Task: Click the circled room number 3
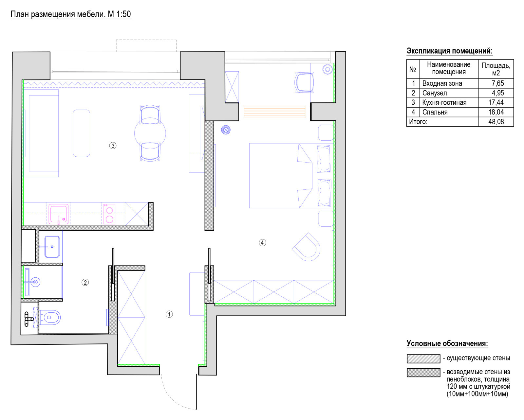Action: click(x=112, y=146)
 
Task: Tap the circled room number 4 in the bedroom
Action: click(x=262, y=242)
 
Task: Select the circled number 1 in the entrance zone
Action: click(x=169, y=314)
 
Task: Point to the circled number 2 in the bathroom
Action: click(x=85, y=282)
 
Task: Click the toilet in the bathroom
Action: click(x=49, y=317)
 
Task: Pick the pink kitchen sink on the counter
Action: click(x=58, y=214)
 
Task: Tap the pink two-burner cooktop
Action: click(x=109, y=214)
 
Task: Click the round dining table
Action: click(x=150, y=133)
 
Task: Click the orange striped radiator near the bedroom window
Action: click(x=274, y=112)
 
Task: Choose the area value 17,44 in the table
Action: click(x=496, y=102)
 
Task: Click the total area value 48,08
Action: click(x=496, y=122)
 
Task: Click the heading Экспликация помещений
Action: click(x=449, y=51)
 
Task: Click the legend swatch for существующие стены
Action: click(x=423, y=359)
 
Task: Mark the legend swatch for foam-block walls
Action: click(x=423, y=373)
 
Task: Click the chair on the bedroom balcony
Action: click(x=304, y=82)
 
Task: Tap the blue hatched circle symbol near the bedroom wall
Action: click(x=226, y=130)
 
